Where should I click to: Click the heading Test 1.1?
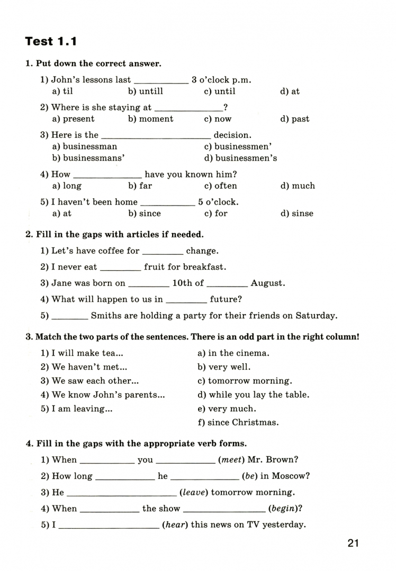51,41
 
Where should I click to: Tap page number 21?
354,543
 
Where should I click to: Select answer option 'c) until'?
220,91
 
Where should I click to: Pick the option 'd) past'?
295,119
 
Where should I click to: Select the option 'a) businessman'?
85,146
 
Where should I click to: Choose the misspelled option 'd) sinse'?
296,214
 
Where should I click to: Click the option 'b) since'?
145,214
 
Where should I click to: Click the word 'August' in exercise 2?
267,283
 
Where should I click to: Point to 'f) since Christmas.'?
238,422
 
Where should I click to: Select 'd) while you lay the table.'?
253,394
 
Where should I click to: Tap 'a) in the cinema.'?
233,353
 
